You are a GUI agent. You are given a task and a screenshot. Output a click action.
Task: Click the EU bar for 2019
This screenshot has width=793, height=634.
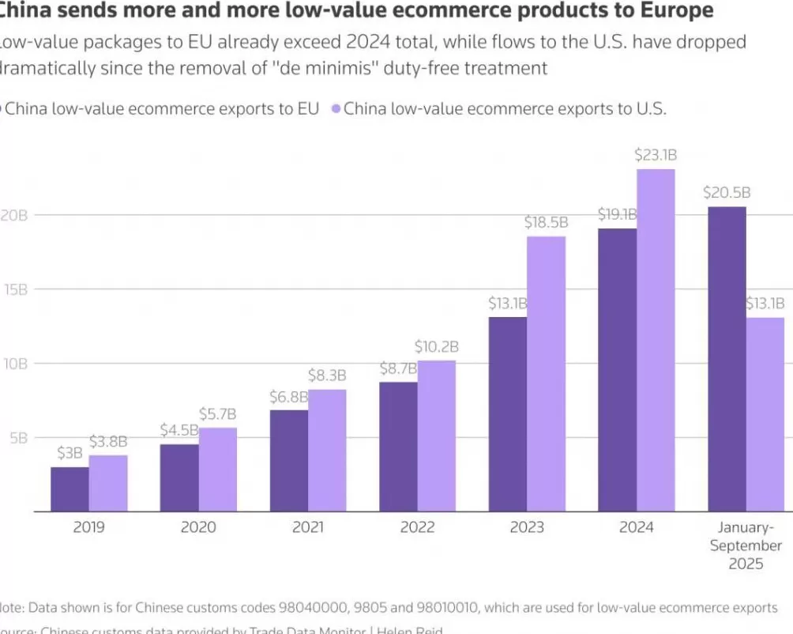[70, 489]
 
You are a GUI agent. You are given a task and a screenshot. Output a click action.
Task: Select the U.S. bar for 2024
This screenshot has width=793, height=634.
[656, 340]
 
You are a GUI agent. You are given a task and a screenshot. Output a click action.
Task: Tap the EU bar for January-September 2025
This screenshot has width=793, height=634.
[727, 359]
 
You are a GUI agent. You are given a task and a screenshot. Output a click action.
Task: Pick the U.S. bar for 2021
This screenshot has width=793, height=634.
[327, 451]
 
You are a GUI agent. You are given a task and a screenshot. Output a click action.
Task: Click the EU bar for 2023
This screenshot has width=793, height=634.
[507, 414]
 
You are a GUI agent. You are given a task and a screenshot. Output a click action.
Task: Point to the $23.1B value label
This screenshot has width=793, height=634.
[656, 155]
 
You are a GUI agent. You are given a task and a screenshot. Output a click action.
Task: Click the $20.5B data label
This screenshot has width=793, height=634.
[727, 193]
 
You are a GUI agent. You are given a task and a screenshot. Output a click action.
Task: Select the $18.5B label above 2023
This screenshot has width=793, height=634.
[547, 222]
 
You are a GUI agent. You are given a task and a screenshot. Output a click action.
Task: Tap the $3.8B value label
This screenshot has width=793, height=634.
[108, 442]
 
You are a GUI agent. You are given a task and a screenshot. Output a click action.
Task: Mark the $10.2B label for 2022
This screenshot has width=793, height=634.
[437, 346]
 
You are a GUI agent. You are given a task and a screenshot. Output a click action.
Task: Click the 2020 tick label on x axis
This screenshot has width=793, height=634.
[198, 527]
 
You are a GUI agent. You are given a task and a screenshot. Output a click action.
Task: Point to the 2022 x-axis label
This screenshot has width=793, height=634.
[418, 527]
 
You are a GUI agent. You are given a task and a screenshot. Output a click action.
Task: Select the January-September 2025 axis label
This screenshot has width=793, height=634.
[746, 545]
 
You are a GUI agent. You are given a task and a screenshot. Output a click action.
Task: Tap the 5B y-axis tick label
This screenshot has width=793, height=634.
[17, 437]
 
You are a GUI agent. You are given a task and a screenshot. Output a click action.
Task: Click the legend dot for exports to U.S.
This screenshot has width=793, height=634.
[336, 109]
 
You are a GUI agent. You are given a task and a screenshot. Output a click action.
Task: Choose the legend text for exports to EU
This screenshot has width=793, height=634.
[162, 109]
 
